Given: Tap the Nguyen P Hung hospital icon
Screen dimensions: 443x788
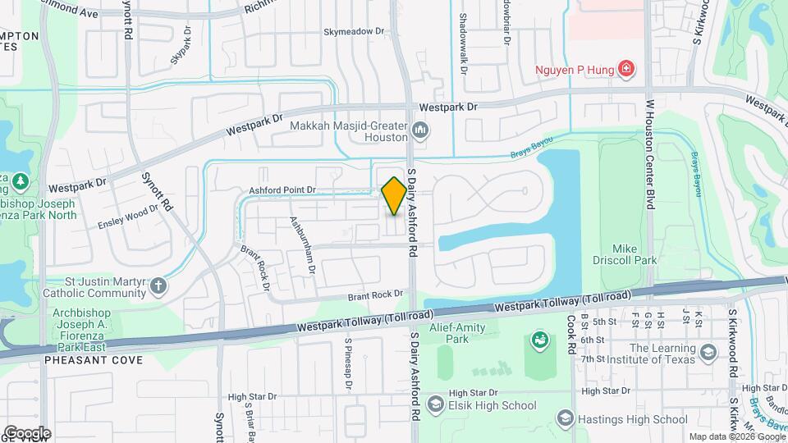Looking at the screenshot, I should [626, 68].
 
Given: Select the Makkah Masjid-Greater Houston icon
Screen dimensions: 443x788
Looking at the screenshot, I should [420, 130].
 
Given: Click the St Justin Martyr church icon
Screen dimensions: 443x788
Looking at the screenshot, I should [158, 286].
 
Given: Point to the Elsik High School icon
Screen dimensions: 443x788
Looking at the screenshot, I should [435, 404].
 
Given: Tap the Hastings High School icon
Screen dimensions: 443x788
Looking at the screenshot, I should [565, 419].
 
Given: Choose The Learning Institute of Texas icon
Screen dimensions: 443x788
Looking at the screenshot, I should [708, 352].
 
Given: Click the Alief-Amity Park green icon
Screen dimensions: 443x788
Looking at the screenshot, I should [540, 339].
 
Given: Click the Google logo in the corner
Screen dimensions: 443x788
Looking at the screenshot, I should [26, 432].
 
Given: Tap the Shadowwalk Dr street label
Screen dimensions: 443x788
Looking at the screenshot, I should [463, 48].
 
